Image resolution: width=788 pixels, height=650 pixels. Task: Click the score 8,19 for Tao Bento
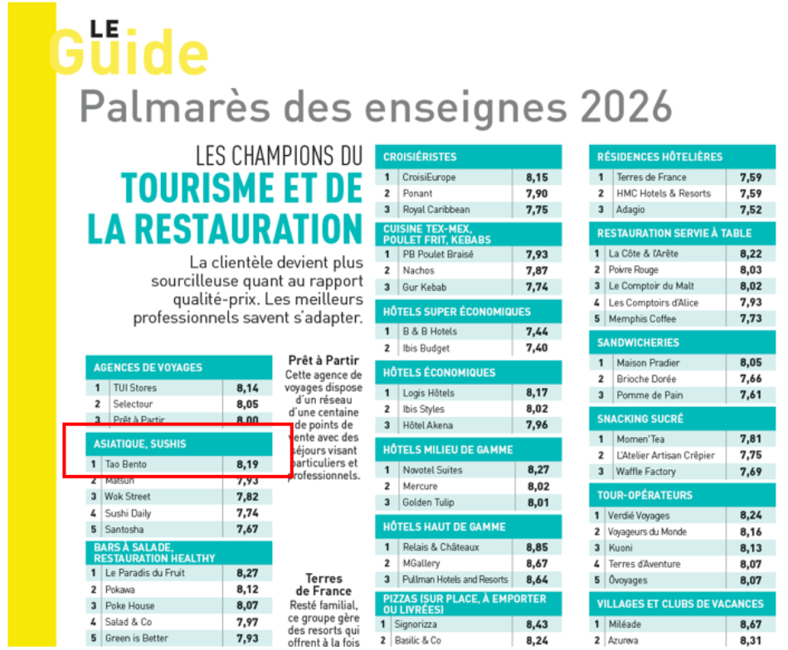(246, 464)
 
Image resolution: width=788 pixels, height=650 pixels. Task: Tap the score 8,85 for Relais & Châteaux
(537, 547)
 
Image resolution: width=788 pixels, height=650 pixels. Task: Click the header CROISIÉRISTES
(420, 157)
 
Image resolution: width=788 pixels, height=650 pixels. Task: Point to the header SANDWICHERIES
(638, 342)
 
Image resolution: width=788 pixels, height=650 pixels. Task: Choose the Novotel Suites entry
(433, 470)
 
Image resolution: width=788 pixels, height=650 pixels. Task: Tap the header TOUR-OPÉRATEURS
(645, 496)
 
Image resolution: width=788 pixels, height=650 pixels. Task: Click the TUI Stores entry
(134, 388)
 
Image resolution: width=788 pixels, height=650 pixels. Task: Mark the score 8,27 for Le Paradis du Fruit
(246, 573)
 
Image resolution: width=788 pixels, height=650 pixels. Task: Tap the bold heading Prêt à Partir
(323, 361)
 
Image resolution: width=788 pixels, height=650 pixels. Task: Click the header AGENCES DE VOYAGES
(148, 367)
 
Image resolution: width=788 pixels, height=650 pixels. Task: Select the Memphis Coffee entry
(642, 319)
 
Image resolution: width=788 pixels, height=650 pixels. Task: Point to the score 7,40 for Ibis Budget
(537, 348)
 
